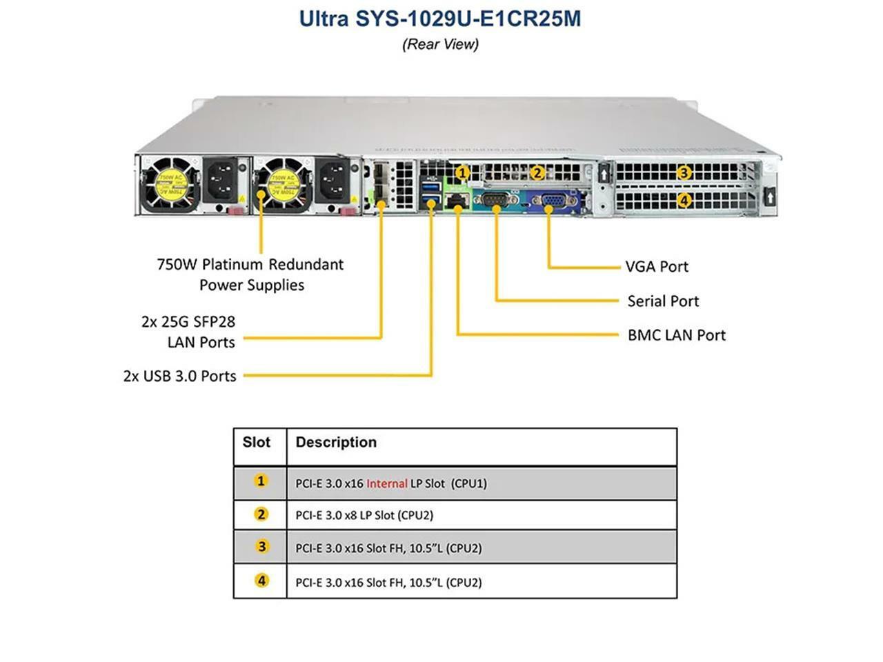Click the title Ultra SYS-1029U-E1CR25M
(440, 18)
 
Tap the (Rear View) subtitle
(440, 44)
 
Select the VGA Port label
(656, 266)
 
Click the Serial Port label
(662, 301)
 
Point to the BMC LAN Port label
(676, 335)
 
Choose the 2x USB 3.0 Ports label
(179, 376)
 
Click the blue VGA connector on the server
(553, 201)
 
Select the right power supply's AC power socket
(333, 181)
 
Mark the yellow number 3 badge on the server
(684, 172)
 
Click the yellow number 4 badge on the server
(684, 201)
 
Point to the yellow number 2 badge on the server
(537, 172)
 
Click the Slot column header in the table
(256, 442)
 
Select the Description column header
(336, 442)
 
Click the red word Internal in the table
(386, 483)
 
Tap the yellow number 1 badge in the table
(260, 481)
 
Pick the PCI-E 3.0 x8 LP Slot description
(364, 515)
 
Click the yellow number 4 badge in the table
(261, 581)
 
